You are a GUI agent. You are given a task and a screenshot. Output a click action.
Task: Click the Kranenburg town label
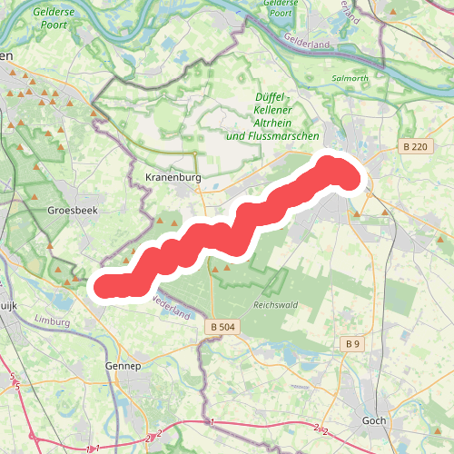pos(172,177)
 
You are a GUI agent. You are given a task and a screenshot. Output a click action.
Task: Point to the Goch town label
pos(374,420)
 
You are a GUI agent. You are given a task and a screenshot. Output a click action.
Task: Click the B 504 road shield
pos(221,326)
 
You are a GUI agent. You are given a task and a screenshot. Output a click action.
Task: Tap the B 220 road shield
pos(417,145)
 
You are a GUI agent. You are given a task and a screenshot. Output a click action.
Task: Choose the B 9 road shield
pos(352,344)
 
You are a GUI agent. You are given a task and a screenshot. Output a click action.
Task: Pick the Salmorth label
pos(351,78)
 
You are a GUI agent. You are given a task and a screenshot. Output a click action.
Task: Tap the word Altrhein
pos(273,123)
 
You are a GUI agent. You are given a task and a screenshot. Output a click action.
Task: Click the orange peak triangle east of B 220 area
pos(387,213)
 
